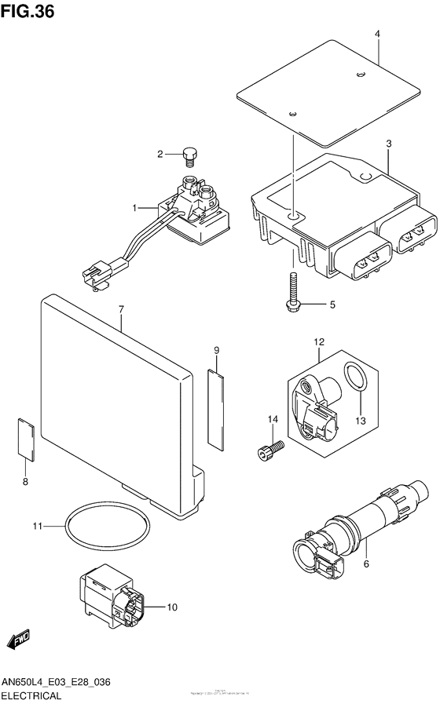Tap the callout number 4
tap(377, 35)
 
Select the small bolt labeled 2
tap(189, 155)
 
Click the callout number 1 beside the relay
tap(134, 208)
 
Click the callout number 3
tap(388, 144)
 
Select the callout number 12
tap(320, 341)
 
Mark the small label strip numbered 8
tap(24, 438)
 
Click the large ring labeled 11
tap(107, 529)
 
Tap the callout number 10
tap(172, 607)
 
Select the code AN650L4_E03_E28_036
tap(55, 683)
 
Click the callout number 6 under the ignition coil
tap(365, 563)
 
